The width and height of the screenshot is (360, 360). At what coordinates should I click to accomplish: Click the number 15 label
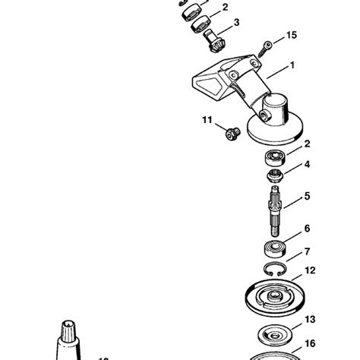(x=292, y=36)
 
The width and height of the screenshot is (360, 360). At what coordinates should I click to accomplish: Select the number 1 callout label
(x=291, y=67)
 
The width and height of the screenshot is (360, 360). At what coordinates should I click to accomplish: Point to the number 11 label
(x=206, y=120)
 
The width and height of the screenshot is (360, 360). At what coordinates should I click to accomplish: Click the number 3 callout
(x=236, y=24)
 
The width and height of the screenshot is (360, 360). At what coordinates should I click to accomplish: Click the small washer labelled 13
(x=269, y=333)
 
